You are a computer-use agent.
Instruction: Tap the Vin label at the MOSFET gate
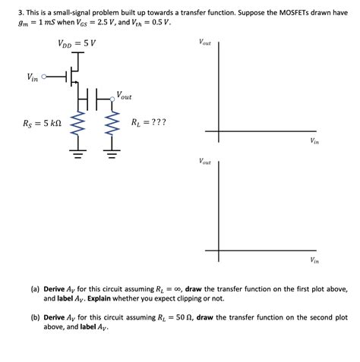[33, 77]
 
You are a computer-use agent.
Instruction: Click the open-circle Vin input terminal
[45, 77]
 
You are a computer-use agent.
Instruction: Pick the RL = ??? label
[148, 121]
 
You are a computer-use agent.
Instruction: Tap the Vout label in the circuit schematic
[124, 96]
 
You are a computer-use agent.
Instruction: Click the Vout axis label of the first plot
[205, 42]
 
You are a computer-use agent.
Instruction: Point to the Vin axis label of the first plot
[314, 141]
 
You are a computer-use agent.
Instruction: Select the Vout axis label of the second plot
[205, 161]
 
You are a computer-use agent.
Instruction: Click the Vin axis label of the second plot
[314, 260]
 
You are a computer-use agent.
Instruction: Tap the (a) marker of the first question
[35, 289]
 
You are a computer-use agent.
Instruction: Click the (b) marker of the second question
[35, 317]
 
